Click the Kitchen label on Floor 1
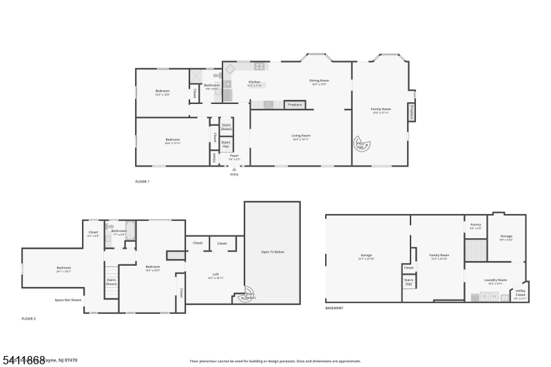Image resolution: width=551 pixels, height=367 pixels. click(x=255, y=83)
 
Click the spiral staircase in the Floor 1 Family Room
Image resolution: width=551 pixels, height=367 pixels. click(x=362, y=143)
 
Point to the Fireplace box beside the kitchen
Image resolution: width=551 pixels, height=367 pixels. click(x=294, y=105)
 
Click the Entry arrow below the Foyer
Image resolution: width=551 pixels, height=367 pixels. click(x=233, y=169)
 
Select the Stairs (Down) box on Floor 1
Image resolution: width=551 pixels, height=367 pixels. click(x=226, y=127)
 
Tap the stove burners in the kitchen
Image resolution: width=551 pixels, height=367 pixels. click(x=260, y=67)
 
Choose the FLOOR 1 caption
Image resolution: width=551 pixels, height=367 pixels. click(x=142, y=181)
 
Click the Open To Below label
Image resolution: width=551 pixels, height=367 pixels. click(x=273, y=252)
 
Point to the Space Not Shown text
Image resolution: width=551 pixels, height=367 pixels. click(x=68, y=300)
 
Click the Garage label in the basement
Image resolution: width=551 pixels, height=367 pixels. click(x=365, y=257)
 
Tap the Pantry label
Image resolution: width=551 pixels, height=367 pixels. click(x=475, y=225)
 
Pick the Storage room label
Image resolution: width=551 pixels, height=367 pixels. click(x=506, y=238)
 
